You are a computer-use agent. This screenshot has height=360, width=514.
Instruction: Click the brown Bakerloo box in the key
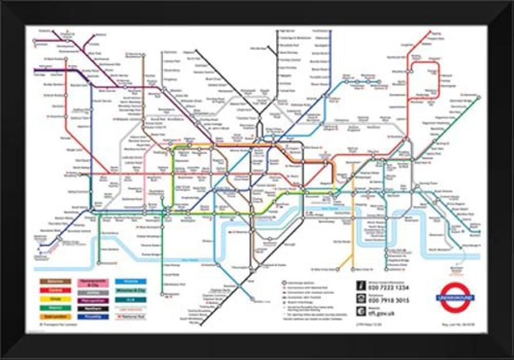click(55, 282)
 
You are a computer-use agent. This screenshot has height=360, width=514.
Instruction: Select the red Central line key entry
click(55, 290)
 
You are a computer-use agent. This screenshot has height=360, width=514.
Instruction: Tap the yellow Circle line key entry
click(55, 299)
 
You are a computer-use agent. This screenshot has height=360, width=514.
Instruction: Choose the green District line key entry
click(55, 308)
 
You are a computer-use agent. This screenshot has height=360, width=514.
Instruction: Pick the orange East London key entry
click(55, 316)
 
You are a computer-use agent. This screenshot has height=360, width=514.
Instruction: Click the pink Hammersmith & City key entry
click(93, 282)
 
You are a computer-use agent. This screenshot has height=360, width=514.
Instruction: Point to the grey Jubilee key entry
click(93, 291)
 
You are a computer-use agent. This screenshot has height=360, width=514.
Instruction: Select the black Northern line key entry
click(93, 308)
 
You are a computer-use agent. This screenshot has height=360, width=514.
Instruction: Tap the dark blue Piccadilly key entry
click(93, 316)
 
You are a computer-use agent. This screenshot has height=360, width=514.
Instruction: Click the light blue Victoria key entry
click(131, 282)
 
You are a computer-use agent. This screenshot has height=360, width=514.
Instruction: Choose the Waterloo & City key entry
click(131, 290)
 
